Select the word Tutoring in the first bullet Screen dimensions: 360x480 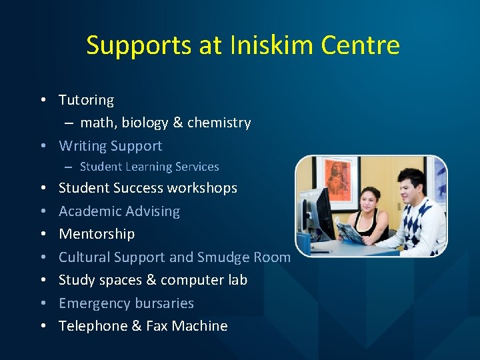tap(86, 100)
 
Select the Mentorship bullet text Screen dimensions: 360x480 tap(97, 234)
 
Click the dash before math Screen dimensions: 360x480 tap(69, 123)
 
